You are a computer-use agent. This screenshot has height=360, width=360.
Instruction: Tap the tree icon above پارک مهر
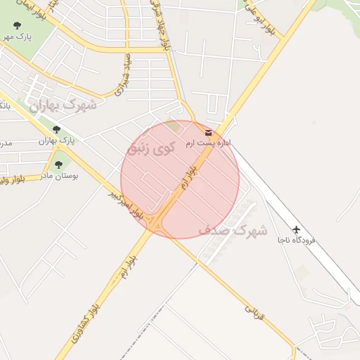(17, 25)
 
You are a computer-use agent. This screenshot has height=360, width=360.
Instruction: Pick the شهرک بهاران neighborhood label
(63, 105)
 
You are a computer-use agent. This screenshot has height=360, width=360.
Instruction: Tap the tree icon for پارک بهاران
(56, 129)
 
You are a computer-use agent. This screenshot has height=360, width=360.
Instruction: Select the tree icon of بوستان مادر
(58, 165)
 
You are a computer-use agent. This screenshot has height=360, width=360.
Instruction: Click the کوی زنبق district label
(153, 148)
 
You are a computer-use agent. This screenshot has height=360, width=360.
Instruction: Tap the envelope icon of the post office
(207, 132)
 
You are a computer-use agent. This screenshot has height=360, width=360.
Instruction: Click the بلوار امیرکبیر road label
(127, 204)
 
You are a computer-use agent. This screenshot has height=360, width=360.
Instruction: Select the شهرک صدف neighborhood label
(233, 230)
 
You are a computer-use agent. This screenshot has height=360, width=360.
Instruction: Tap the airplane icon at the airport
(296, 230)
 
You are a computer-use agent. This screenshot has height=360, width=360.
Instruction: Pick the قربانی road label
(253, 314)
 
